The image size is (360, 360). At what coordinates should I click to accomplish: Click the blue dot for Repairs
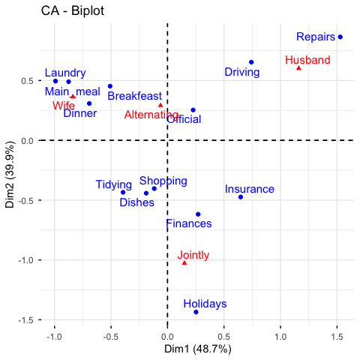coord(340,37)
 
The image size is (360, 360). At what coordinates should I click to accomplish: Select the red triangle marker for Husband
coord(298,67)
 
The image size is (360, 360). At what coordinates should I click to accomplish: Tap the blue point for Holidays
coord(196,312)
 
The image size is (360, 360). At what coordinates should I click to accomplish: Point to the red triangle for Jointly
coord(184,262)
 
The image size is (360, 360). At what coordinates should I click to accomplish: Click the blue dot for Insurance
coord(241,197)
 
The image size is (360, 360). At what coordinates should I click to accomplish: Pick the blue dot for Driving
coord(251,62)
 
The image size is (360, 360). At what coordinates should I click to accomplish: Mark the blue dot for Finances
coord(198,214)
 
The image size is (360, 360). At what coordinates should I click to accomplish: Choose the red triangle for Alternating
coord(160,105)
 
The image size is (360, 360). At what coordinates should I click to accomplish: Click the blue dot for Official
coord(193,110)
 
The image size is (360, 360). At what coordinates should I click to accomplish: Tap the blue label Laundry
coord(65,73)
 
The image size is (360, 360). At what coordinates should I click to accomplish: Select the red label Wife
coord(64,106)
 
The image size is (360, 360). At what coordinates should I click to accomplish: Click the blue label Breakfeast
coord(135,96)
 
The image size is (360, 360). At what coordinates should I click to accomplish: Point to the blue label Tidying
coord(114,185)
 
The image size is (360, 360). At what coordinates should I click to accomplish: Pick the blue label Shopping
coord(163,181)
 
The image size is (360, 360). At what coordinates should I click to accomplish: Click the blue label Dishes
coord(136,202)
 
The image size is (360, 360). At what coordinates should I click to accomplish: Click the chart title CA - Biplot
coord(73,11)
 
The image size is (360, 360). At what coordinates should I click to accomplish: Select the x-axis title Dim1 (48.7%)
coord(197,349)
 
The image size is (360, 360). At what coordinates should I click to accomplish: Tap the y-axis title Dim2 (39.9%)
coord(10,175)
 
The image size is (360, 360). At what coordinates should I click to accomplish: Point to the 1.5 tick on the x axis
coord(337,337)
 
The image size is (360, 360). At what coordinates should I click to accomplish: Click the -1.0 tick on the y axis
coord(25,260)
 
